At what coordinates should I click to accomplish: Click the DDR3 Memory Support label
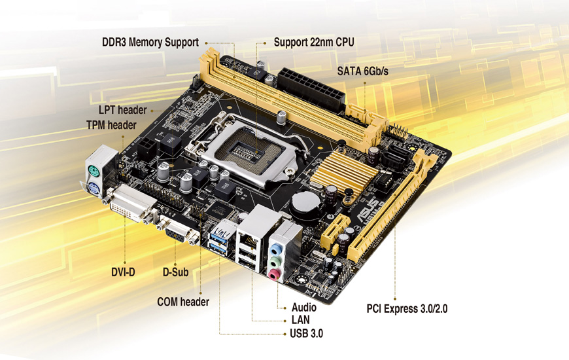click(x=150, y=42)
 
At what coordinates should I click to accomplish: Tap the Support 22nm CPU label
click(x=314, y=42)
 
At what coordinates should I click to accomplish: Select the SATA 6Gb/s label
click(x=362, y=71)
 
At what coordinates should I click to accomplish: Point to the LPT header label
click(x=123, y=110)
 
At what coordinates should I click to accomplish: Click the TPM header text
click(x=111, y=125)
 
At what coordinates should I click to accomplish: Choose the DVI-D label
click(x=123, y=272)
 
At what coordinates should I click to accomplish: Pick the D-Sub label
click(x=176, y=272)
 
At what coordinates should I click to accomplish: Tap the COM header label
click(x=183, y=302)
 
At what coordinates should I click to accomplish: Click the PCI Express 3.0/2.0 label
click(x=407, y=309)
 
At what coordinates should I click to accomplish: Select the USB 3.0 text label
click(x=306, y=333)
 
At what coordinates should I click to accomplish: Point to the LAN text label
click(x=300, y=319)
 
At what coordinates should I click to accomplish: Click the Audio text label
click(x=304, y=308)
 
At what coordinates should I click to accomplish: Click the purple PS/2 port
click(x=93, y=188)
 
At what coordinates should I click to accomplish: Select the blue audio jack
click(x=277, y=249)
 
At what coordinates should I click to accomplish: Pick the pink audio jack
click(x=274, y=274)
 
